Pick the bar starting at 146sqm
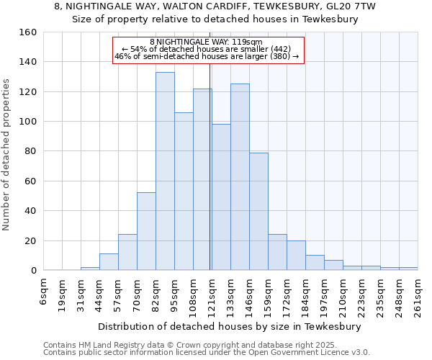click(x=258, y=212)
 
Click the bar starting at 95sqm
click(x=184, y=192)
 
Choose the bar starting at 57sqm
click(x=127, y=252)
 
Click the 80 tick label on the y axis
click(x=30, y=151)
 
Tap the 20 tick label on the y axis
click(x=30, y=241)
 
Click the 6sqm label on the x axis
click(x=44, y=288)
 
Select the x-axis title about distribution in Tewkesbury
click(x=230, y=326)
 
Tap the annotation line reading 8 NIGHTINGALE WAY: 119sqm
click(x=206, y=42)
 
